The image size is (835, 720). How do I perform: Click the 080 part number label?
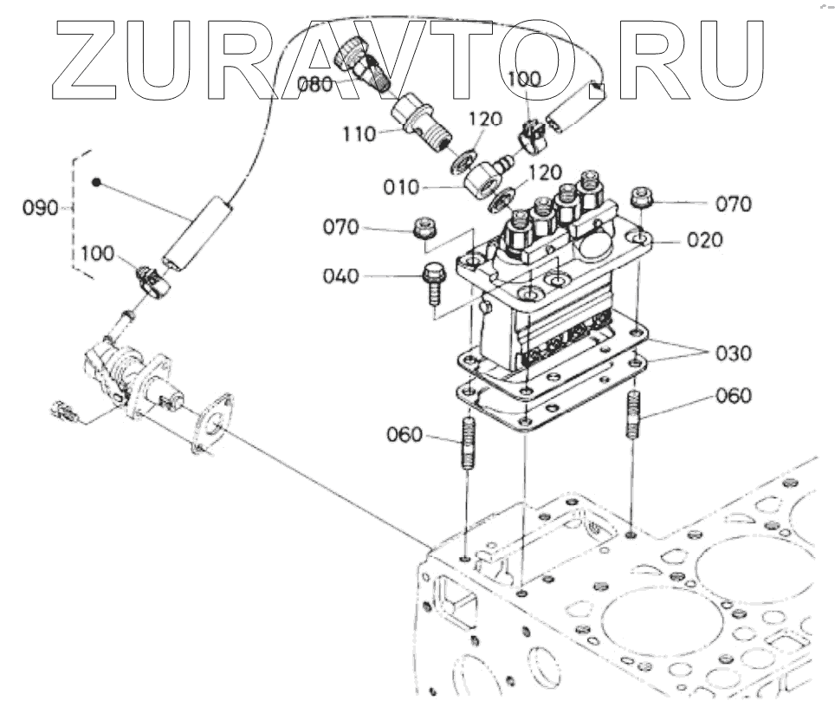314,85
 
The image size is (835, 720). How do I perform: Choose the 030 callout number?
733,354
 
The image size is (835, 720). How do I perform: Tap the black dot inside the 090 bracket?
98,183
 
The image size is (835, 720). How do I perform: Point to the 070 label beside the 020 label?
733,204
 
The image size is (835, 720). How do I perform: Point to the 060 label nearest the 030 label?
733,396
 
